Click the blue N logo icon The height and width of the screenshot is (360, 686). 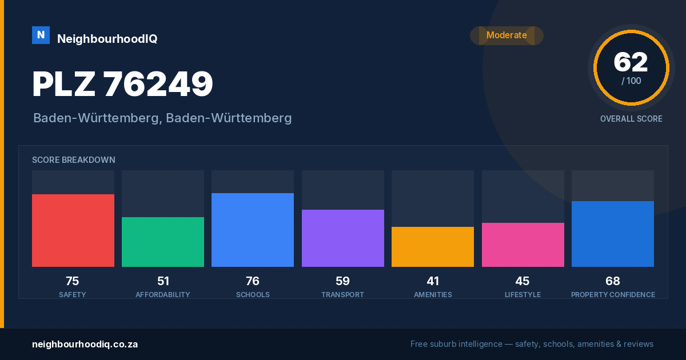click(41, 35)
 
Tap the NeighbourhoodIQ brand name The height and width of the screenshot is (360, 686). click(107, 39)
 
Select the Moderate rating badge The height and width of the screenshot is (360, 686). click(506, 35)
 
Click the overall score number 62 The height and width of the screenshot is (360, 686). click(631, 62)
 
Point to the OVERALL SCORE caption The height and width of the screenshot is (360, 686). click(631, 119)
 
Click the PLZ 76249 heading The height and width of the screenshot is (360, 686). click(122, 84)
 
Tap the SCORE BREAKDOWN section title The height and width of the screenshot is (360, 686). click(74, 160)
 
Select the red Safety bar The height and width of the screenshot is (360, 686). click(73, 230)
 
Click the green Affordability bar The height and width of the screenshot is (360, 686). click(163, 242)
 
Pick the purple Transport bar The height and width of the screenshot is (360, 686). click(342, 238)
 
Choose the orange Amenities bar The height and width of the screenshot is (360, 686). click(433, 247)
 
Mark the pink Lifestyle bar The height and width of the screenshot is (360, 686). click(523, 245)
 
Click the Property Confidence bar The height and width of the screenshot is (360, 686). click(613, 234)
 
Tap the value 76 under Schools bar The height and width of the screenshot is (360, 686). click(253, 281)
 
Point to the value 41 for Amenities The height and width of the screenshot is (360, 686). click(433, 281)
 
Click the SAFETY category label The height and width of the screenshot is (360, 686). click(73, 294)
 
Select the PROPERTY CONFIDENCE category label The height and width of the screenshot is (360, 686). click(613, 294)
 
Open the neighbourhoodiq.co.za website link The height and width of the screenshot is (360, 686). click(85, 345)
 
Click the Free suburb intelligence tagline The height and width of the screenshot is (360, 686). click(532, 344)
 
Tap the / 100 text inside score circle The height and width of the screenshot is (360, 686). click(631, 81)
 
